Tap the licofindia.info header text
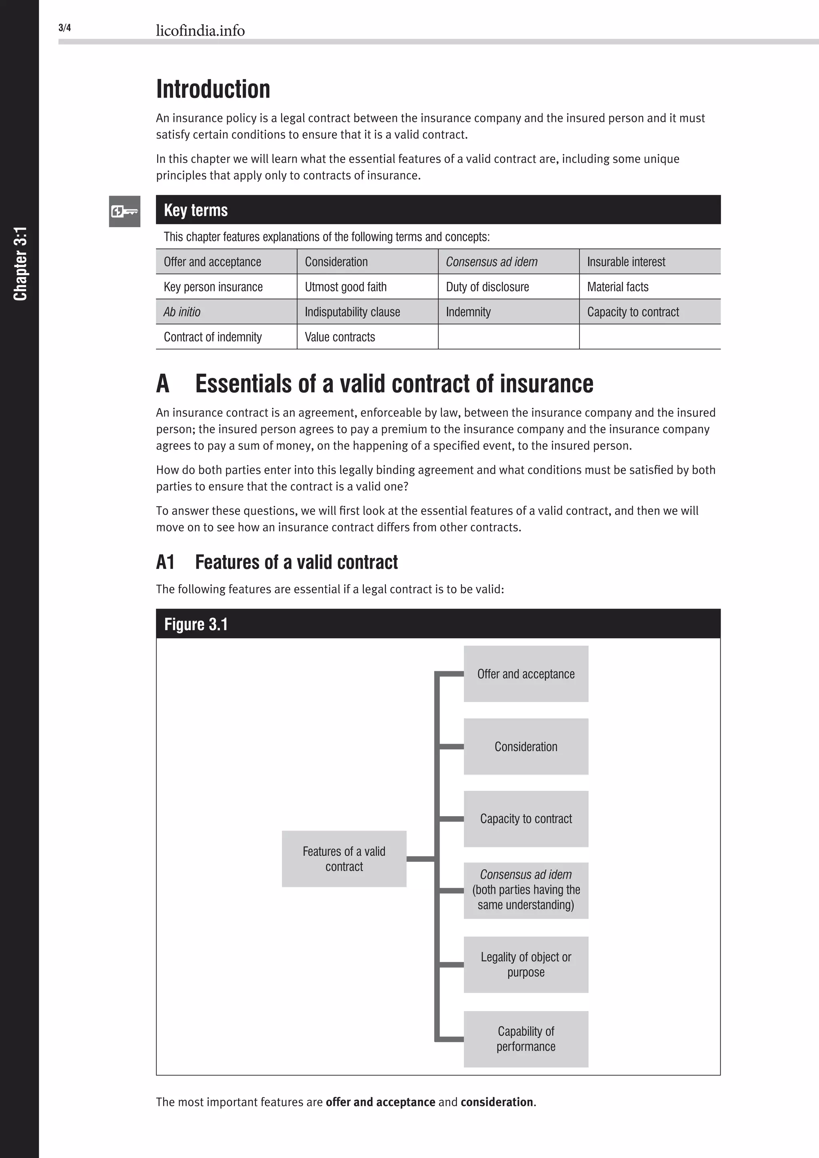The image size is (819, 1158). (200, 31)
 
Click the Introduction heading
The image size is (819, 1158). (213, 89)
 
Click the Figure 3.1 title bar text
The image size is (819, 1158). (196, 625)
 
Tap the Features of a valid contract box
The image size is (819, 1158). (344, 859)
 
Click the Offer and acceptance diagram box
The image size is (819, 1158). (526, 674)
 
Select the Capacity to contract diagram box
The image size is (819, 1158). (526, 819)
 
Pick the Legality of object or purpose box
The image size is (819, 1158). (526, 964)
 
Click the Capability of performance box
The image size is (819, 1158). (526, 1039)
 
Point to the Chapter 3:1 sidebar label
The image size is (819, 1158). (20, 264)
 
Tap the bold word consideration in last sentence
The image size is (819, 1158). (497, 1102)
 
